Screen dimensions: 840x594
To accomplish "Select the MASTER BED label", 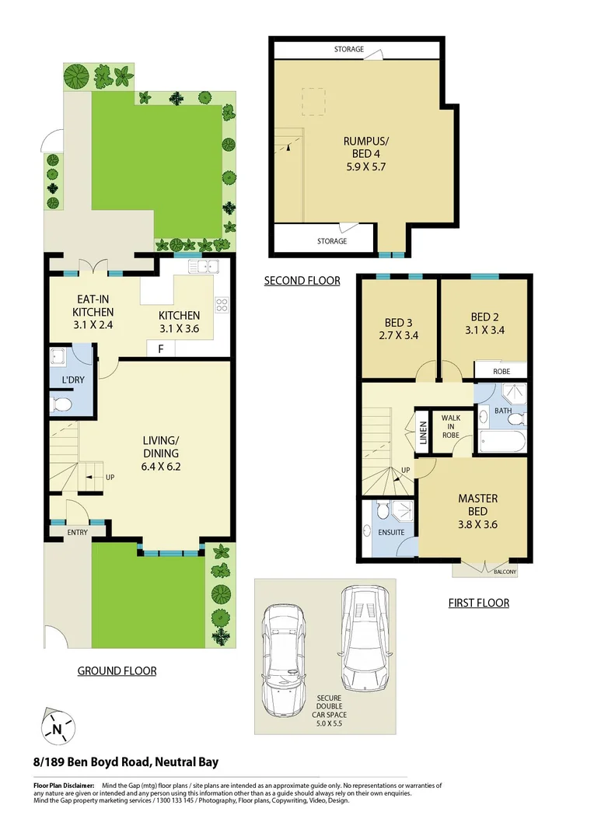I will [x=477, y=505].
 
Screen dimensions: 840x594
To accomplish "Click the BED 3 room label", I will [x=399, y=323].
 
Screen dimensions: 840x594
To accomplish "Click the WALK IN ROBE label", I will [x=451, y=426].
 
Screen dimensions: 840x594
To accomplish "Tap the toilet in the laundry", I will [x=63, y=404].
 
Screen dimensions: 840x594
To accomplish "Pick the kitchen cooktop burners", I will [x=221, y=304].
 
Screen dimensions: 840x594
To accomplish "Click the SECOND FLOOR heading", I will [x=302, y=281].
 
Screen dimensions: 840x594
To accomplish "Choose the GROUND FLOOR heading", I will [x=117, y=670].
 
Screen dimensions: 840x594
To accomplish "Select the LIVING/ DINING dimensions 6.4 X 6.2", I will [x=161, y=467].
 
